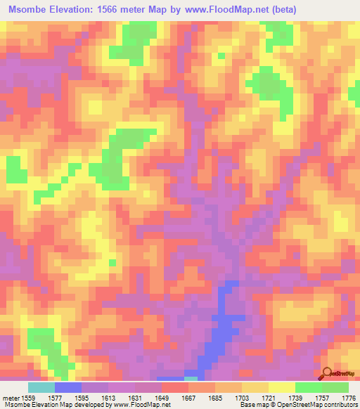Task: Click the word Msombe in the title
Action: click(29, 10)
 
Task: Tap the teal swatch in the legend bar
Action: click(41, 387)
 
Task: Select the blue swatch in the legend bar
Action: click(68, 387)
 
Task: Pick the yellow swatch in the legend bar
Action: click(282, 387)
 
